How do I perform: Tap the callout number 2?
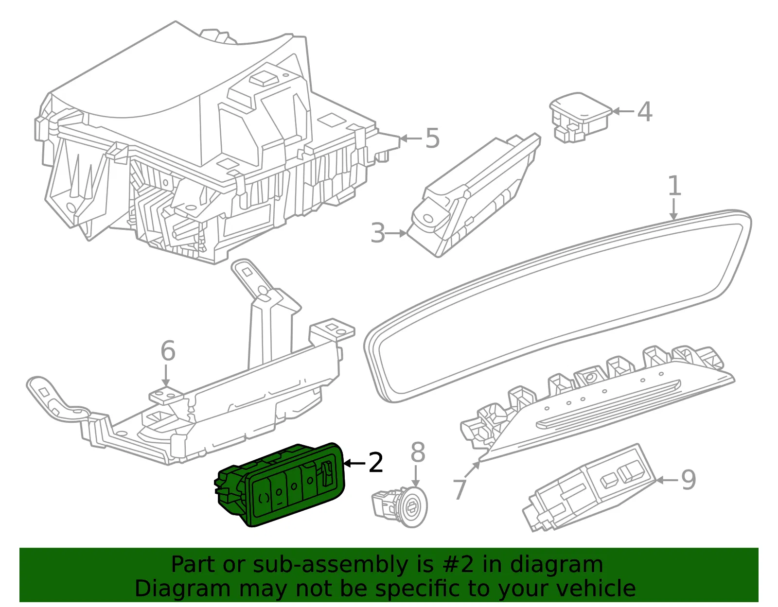[375, 462]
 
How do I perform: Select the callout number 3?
[378, 233]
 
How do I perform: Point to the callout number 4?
[644, 111]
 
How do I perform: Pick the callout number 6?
[168, 350]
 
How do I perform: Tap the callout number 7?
[460, 489]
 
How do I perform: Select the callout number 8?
[418, 452]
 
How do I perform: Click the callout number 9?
[688, 480]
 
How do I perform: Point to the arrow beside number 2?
[354, 464]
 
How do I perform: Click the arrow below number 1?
[673, 209]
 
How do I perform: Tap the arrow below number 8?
[415, 476]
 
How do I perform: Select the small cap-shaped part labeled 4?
[580, 117]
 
